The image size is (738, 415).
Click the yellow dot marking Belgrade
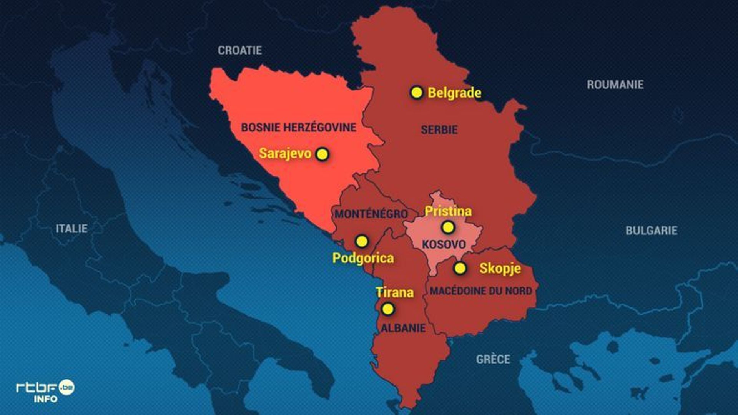tap(416, 93)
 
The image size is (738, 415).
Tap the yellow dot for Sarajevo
tap(322, 154)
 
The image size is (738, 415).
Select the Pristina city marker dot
tap(448, 227)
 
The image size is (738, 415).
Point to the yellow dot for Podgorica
tap(361, 241)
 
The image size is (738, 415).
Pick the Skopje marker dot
tap(460, 268)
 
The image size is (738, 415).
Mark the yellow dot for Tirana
tap(388, 309)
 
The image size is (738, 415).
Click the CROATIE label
tap(240, 50)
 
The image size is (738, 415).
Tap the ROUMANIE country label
tap(615, 85)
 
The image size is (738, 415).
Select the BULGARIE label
tap(651, 231)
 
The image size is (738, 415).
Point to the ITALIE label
tap(71, 229)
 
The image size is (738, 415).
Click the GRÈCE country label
tap(493, 359)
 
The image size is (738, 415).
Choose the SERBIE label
tap(439, 130)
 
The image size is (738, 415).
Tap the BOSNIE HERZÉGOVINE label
tap(299, 127)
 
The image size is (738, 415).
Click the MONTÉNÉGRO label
tap(371, 214)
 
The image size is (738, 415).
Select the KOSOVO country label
tap(444, 244)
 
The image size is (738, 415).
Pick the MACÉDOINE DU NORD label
tap(480, 290)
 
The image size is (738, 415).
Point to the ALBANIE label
tap(403, 328)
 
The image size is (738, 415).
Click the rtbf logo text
tap(37, 387)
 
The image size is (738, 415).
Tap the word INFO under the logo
tap(45, 399)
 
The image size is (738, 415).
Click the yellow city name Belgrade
tap(454, 93)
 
